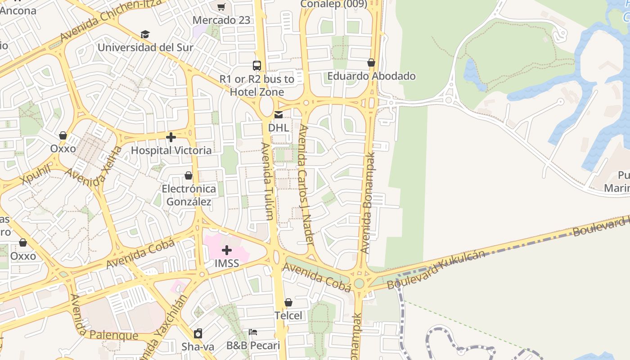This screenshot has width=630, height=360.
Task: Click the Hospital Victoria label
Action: pos(171,150)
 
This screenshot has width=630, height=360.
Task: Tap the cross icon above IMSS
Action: pos(227,250)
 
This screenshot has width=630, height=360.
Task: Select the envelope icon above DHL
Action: pos(279,115)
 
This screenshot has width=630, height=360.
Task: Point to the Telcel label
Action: pos(288,315)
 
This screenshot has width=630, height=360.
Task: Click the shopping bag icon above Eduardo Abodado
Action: pos(371,63)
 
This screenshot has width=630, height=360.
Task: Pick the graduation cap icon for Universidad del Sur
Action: pos(145,35)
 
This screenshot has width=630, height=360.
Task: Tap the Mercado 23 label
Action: pos(221,20)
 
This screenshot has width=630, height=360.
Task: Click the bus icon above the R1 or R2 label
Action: pos(257,66)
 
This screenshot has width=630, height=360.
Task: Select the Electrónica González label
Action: pos(189,195)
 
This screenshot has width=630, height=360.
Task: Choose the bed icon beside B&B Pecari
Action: pos(253,332)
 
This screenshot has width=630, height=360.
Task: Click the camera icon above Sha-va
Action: pos(198,333)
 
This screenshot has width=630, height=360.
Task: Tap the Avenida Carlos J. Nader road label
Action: pos(305,184)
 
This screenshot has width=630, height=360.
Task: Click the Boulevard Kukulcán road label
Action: pos(436,270)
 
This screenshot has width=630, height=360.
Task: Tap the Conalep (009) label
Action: pos(334,4)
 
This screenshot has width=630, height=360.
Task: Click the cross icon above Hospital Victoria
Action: pos(171,137)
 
